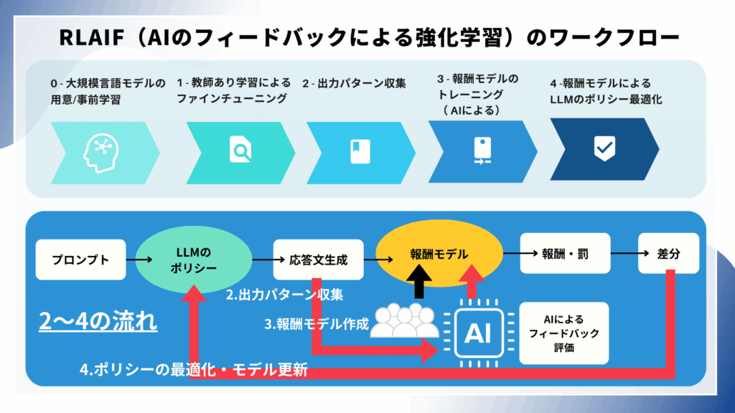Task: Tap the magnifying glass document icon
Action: [x=240, y=150]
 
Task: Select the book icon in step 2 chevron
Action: [x=355, y=149]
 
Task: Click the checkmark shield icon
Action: [x=604, y=148]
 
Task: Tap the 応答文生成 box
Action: [x=317, y=260]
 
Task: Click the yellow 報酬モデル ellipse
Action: [x=439, y=254]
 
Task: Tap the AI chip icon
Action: [x=477, y=331]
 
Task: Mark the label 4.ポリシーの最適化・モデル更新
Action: [x=194, y=371]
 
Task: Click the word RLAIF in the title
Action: [x=94, y=37]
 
